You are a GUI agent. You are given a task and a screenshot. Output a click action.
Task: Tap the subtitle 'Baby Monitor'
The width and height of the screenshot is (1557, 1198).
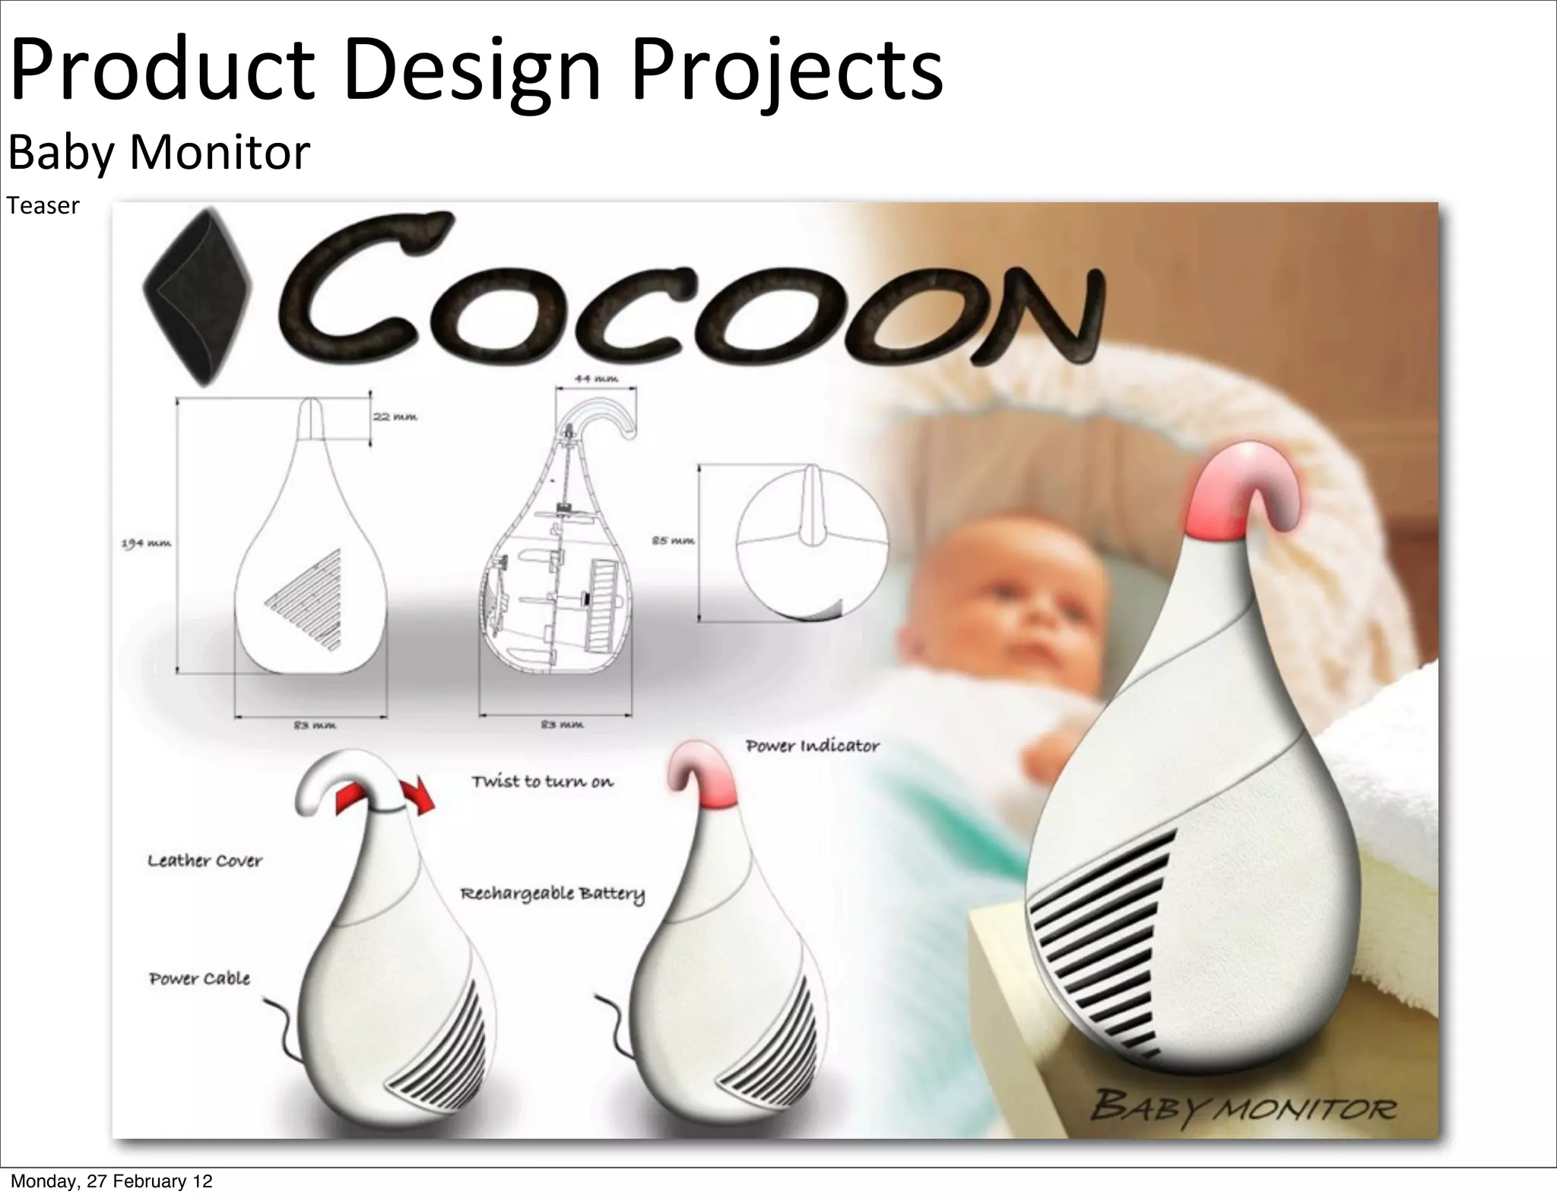coord(159,152)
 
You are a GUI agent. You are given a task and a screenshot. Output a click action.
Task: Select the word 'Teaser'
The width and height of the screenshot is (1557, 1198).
coord(43,206)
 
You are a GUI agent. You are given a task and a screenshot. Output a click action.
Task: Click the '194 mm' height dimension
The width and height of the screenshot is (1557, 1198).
coord(146,544)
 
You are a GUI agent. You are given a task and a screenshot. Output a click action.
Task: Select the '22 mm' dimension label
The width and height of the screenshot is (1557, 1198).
coord(395,417)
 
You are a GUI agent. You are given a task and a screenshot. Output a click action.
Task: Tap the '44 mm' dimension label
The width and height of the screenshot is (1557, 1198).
coord(596,378)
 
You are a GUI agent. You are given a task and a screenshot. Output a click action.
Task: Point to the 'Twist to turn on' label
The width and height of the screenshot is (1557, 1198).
coord(542,781)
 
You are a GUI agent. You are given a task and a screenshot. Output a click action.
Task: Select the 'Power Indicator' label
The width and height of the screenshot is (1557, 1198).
coord(812,746)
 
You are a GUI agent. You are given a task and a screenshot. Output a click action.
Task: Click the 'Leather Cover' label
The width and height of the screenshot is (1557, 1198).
coord(205,860)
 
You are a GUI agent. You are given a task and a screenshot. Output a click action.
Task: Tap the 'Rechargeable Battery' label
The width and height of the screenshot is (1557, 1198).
coord(553,893)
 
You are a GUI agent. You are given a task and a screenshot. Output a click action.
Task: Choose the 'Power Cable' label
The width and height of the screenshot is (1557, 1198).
coord(199,978)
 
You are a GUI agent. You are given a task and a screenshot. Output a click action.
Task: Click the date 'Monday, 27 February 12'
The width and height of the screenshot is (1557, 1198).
coord(112,1181)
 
